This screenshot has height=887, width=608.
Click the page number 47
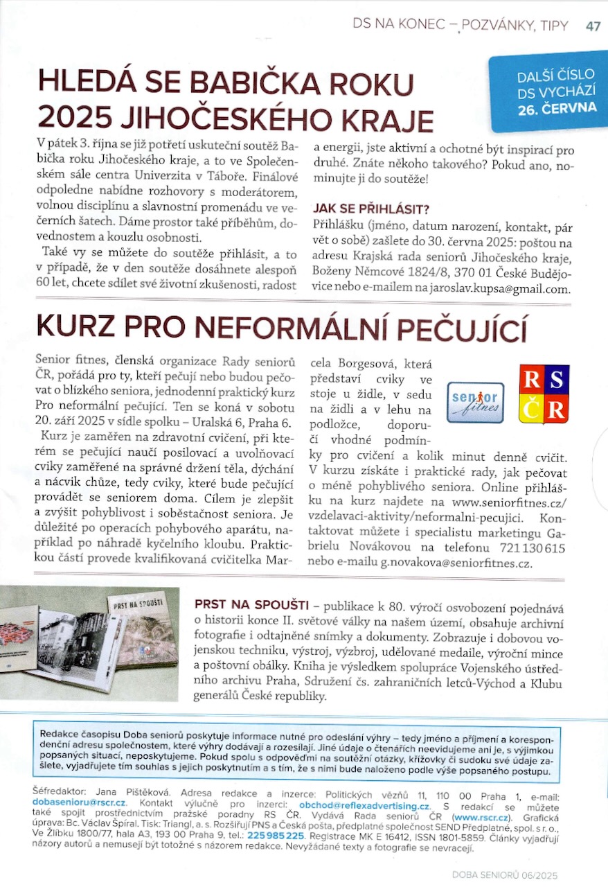click(593, 26)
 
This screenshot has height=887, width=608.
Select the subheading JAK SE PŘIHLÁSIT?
click(371, 208)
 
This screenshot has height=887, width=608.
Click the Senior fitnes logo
click(475, 402)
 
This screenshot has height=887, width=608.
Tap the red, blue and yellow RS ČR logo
click(544, 394)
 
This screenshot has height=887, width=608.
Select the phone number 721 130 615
click(536, 547)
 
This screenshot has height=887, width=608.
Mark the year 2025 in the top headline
click(73, 118)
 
